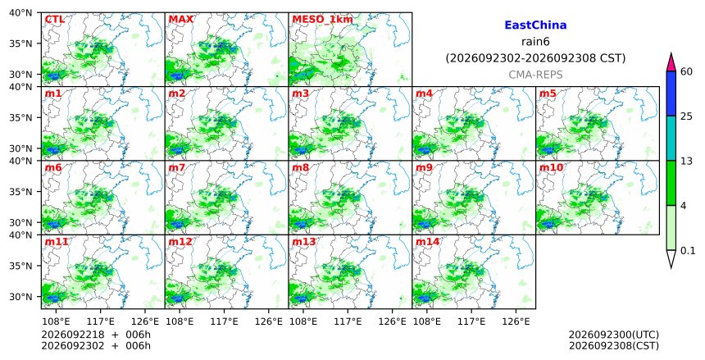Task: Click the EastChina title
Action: tap(535, 25)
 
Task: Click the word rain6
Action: tap(535, 42)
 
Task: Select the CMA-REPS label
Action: tap(535, 75)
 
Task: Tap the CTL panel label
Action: tap(54, 20)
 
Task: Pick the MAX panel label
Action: tap(180, 20)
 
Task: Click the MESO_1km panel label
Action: tap(322, 20)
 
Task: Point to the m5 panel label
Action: tap(548, 93)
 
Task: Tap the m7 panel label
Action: tap(177, 167)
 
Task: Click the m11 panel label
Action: tap(57, 242)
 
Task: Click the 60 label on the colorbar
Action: tap(686, 71)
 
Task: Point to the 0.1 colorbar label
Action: tap(688, 251)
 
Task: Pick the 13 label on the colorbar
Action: tap(686, 161)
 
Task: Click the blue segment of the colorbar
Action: tap(671, 93)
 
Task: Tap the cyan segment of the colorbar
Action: tap(671, 138)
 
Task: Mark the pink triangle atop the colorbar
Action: tap(671, 63)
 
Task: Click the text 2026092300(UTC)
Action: tap(614, 335)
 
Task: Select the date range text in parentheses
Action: tap(535, 58)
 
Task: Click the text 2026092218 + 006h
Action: tap(96, 335)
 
